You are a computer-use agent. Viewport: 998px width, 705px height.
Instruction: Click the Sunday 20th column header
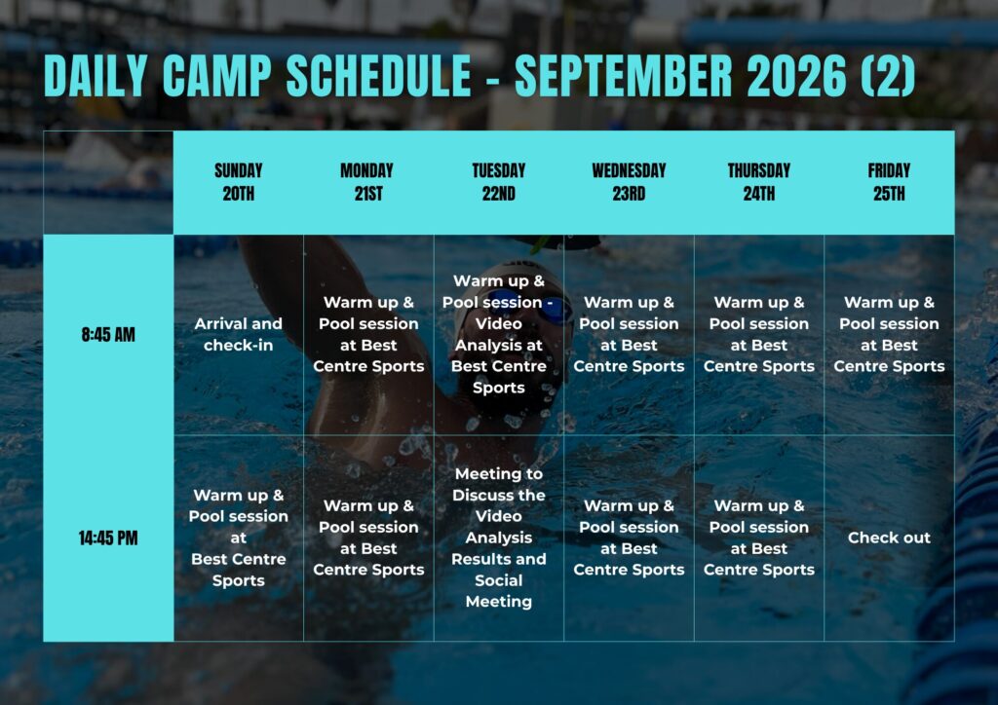pos(238,182)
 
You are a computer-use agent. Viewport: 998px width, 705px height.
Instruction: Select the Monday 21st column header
pos(367,182)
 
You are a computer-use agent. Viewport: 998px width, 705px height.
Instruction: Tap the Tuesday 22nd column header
pos(498,182)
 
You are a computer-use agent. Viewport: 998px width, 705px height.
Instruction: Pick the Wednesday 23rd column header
pos(629,182)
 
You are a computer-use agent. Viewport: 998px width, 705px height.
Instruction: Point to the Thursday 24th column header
pos(758,182)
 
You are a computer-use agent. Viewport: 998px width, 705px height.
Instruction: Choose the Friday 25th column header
pos(889,182)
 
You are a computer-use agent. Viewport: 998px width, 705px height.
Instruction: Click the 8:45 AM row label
pos(108,334)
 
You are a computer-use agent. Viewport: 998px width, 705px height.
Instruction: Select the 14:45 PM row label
pos(108,538)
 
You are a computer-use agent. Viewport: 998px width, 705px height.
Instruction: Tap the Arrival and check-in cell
pos(238,334)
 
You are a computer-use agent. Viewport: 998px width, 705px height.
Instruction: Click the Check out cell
pos(889,538)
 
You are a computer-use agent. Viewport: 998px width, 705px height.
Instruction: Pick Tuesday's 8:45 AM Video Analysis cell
pos(498,334)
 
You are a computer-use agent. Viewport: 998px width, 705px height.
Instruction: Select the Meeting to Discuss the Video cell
pos(498,538)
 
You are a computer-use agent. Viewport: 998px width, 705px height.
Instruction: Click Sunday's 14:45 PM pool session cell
pos(238,538)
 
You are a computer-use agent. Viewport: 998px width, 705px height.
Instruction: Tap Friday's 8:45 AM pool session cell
pos(889,334)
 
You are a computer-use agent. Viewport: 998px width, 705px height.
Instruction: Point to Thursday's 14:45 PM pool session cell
pos(758,538)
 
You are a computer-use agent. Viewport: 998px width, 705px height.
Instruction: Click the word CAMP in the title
pos(217,76)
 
